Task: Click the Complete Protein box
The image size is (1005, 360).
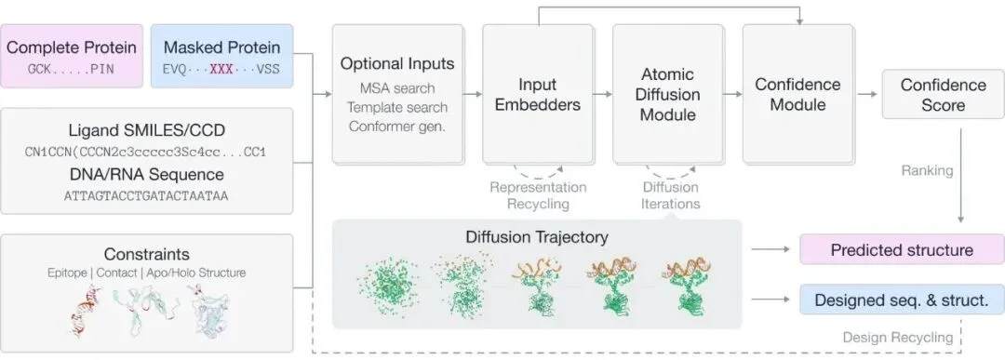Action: pyautogui.click(x=71, y=56)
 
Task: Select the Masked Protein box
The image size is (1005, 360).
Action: pyautogui.click(x=221, y=56)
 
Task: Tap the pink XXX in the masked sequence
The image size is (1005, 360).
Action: pyautogui.click(x=221, y=69)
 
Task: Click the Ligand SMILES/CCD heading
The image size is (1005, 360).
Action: pyautogui.click(x=147, y=131)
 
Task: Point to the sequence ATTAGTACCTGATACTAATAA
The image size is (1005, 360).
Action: pyautogui.click(x=146, y=196)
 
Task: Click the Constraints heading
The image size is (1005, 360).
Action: pyautogui.click(x=147, y=254)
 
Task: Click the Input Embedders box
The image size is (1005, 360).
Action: pyautogui.click(x=539, y=94)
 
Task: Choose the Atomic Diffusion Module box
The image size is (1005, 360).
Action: pyautogui.click(x=668, y=94)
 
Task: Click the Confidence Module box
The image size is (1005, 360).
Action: pyautogui.click(x=798, y=94)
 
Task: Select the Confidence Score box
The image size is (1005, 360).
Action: pyautogui.click(x=943, y=94)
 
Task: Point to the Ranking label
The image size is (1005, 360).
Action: pyautogui.click(x=927, y=170)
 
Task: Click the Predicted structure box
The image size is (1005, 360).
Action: pyautogui.click(x=902, y=250)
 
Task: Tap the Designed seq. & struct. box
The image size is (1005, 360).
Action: pyautogui.click(x=902, y=300)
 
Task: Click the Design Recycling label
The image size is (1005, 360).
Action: pyautogui.click(x=897, y=338)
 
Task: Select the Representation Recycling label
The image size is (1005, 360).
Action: pyautogui.click(x=539, y=195)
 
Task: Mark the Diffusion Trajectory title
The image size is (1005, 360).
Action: pyautogui.click(x=537, y=237)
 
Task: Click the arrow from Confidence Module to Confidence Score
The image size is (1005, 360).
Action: pyautogui.click(x=868, y=94)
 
